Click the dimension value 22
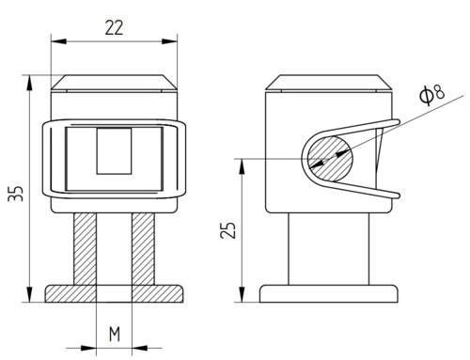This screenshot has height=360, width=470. [114, 27]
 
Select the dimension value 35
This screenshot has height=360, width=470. [16, 194]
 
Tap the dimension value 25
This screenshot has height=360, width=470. [227, 230]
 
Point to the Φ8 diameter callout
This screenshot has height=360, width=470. [431, 95]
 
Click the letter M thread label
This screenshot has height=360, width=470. [115, 334]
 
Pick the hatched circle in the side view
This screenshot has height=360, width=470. [330, 159]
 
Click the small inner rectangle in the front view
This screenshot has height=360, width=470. [114, 151]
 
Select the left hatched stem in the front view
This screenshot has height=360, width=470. [85, 249]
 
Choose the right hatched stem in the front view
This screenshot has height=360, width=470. [143, 249]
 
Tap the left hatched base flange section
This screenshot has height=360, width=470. [70, 293]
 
